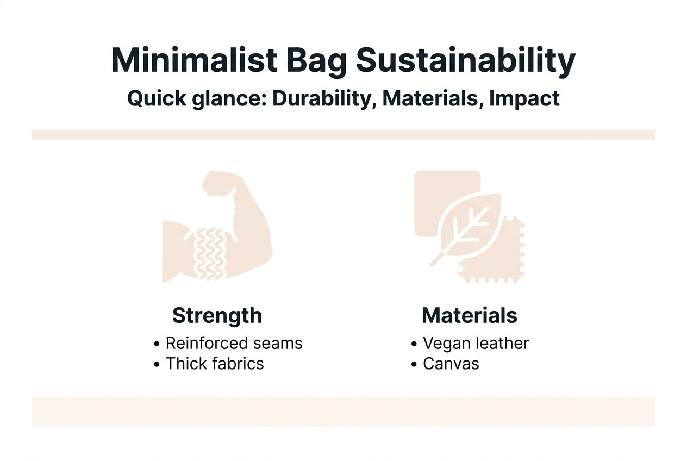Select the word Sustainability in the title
(x=465, y=61)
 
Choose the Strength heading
(x=217, y=315)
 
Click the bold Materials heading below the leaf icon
(x=470, y=315)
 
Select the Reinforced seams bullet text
(x=234, y=344)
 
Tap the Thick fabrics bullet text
(x=215, y=364)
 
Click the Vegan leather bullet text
(x=476, y=344)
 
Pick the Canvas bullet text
(x=451, y=364)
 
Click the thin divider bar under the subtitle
(x=343, y=134)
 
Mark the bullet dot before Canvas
(x=414, y=364)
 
